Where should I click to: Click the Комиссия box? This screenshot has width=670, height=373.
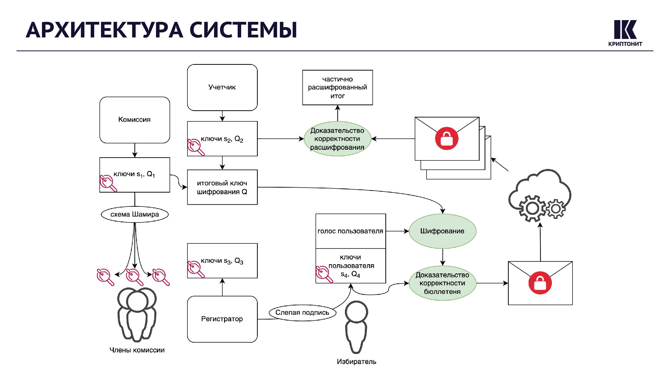pos(134,120)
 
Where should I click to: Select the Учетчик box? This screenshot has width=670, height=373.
pos(222,87)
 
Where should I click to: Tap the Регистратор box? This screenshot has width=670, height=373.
pos(222,319)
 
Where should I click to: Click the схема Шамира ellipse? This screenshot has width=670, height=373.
pos(134,214)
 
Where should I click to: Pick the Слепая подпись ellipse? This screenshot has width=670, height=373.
pos(302,312)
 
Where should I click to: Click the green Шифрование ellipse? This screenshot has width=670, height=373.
pos(442,231)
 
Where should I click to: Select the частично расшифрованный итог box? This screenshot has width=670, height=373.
pos(337,87)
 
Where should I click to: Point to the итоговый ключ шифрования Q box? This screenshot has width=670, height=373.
pos(222,187)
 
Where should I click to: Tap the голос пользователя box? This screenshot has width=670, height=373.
pos(350,231)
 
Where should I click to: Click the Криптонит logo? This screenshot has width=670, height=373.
pos(625,33)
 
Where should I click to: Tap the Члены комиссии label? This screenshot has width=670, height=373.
pos(137,350)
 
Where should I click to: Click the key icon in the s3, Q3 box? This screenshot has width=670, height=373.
pos(196,269)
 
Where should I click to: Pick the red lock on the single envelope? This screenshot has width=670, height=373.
pos(540,283)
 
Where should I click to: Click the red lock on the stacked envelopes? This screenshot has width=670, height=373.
pos(447,138)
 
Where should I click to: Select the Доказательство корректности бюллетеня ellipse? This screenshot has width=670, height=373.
pos(442,283)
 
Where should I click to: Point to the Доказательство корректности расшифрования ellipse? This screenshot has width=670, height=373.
pos(337,139)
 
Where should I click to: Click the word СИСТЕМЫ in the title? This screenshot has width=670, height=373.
pos(243,30)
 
